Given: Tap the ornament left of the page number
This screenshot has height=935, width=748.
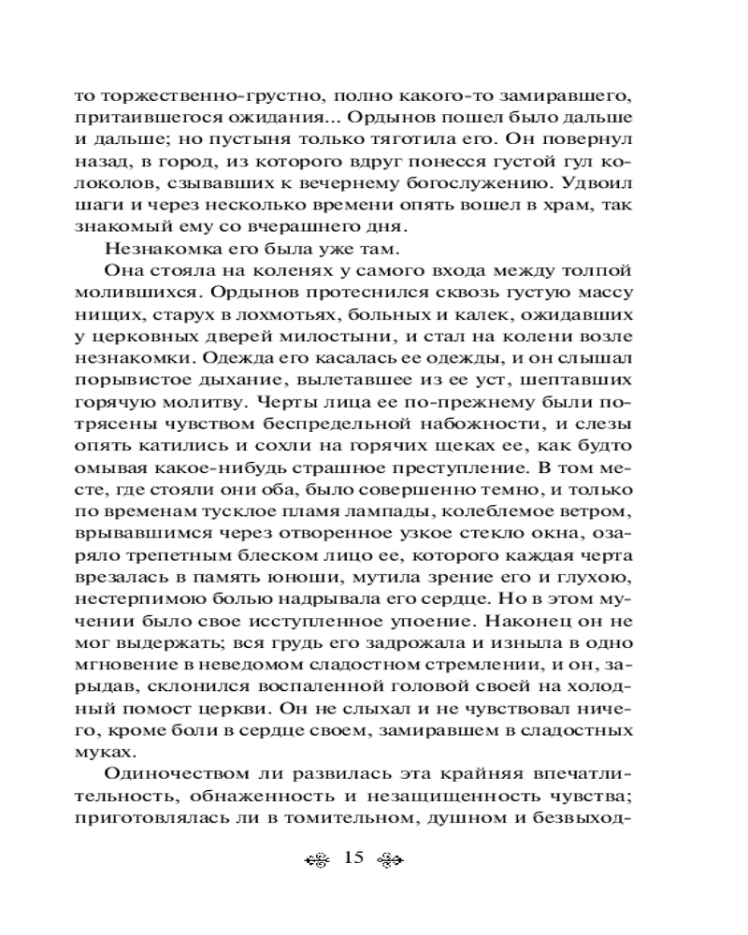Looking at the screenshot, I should point(319,859).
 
